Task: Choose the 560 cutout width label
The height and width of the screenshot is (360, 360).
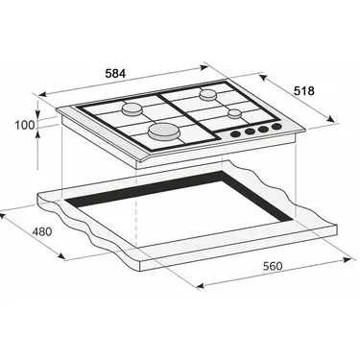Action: pyautogui.click(x=274, y=266)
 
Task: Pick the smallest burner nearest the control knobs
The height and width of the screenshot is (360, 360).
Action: pyautogui.click(x=234, y=113)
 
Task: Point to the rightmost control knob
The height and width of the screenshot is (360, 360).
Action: pyautogui.click(x=277, y=126)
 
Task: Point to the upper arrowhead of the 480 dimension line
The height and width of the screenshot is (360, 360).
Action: pyautogui.click(x=5, y=212)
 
